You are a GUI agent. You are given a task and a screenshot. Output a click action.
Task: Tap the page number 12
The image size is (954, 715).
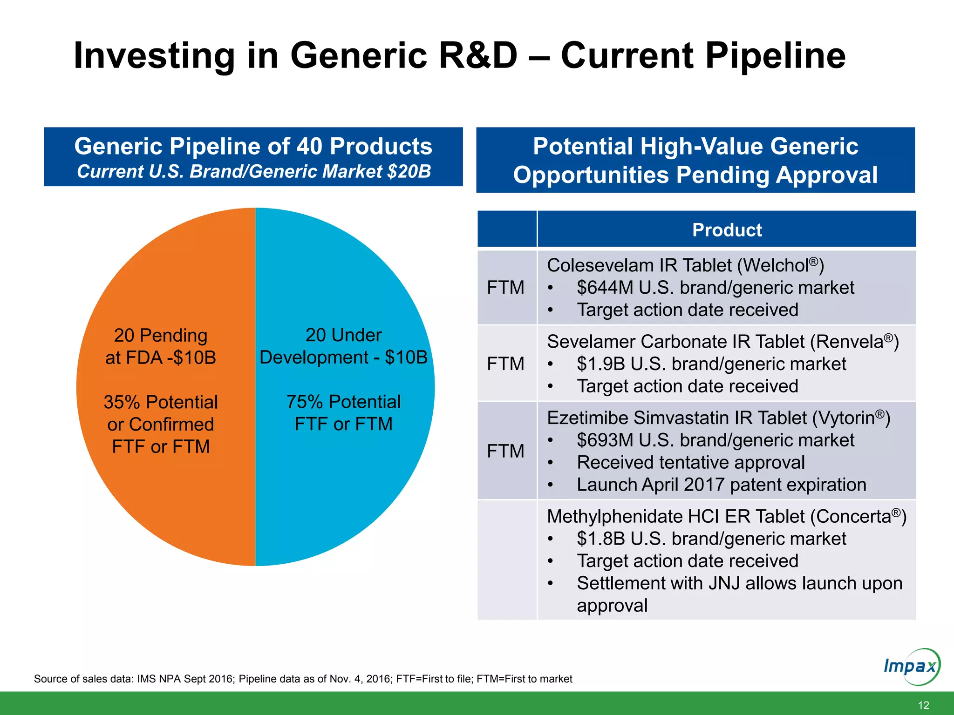[923, 705]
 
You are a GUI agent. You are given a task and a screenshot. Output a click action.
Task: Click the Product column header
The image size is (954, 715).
[727, 230]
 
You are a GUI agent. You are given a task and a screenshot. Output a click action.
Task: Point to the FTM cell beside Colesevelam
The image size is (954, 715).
[505, 288]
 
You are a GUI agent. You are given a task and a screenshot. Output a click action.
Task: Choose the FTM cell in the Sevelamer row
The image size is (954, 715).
[505, 364]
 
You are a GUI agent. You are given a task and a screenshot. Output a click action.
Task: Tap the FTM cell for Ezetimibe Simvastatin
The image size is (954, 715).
[505, 451]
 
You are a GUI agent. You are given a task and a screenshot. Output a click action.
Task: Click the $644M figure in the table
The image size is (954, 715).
[605, 288]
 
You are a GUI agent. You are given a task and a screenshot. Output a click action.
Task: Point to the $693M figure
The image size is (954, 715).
[605, 440]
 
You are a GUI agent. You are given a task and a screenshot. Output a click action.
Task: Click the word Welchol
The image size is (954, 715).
[775, 266]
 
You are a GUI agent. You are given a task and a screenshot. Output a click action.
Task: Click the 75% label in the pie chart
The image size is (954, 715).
[305, 402]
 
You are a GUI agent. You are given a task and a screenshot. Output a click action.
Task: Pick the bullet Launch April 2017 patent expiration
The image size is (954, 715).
[721, 485]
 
